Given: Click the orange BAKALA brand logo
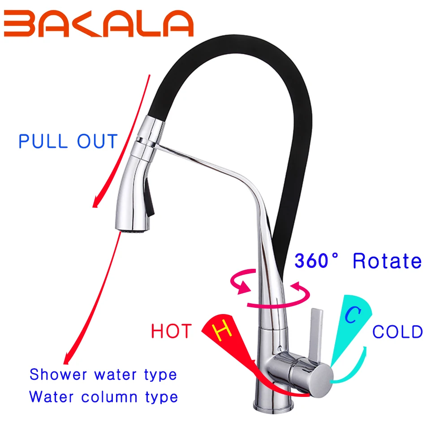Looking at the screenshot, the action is pyautogui.click(x=99, y=23).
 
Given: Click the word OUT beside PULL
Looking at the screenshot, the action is pyautogui.click(x=97, y=141).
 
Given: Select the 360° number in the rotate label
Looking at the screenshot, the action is pyautogui.click(x=316, y=261).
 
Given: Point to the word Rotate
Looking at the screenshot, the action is pyautogui.click(x=387, y=261).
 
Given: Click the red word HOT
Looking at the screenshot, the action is pyautogui.click(x=171, y=331).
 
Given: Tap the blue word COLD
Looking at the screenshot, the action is pyautogui.click(x=397, y=332).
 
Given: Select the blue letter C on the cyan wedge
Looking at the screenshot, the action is pyautogui.click(x=353, y=315).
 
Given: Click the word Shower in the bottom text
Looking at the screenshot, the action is pyautogui.click(x=58, y=374).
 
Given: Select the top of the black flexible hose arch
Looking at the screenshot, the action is pyautogui.click(x=237, y=43).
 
